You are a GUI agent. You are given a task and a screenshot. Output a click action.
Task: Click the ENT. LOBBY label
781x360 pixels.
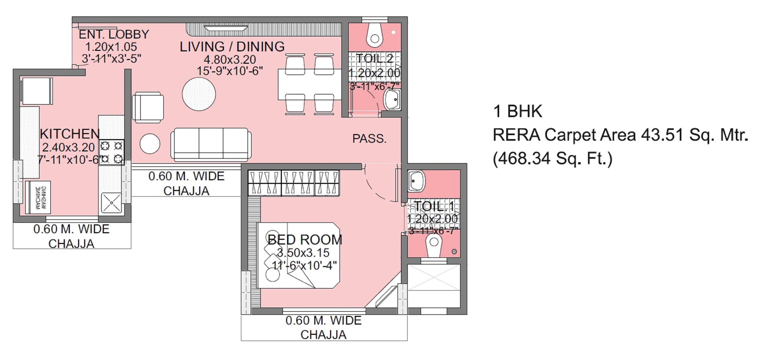114,34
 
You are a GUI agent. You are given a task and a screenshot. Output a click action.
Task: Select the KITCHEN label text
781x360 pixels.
69,134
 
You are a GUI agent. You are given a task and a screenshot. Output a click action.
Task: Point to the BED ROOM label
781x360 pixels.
305,240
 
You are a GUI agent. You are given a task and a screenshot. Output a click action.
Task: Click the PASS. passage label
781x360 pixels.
369,139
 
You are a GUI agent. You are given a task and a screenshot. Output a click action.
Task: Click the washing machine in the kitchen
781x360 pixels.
38,197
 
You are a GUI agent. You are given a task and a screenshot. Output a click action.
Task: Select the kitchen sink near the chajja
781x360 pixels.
111,202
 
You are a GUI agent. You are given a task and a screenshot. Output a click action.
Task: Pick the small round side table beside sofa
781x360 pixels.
150,144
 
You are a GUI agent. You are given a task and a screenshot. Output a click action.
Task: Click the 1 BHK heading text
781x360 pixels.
517,111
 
